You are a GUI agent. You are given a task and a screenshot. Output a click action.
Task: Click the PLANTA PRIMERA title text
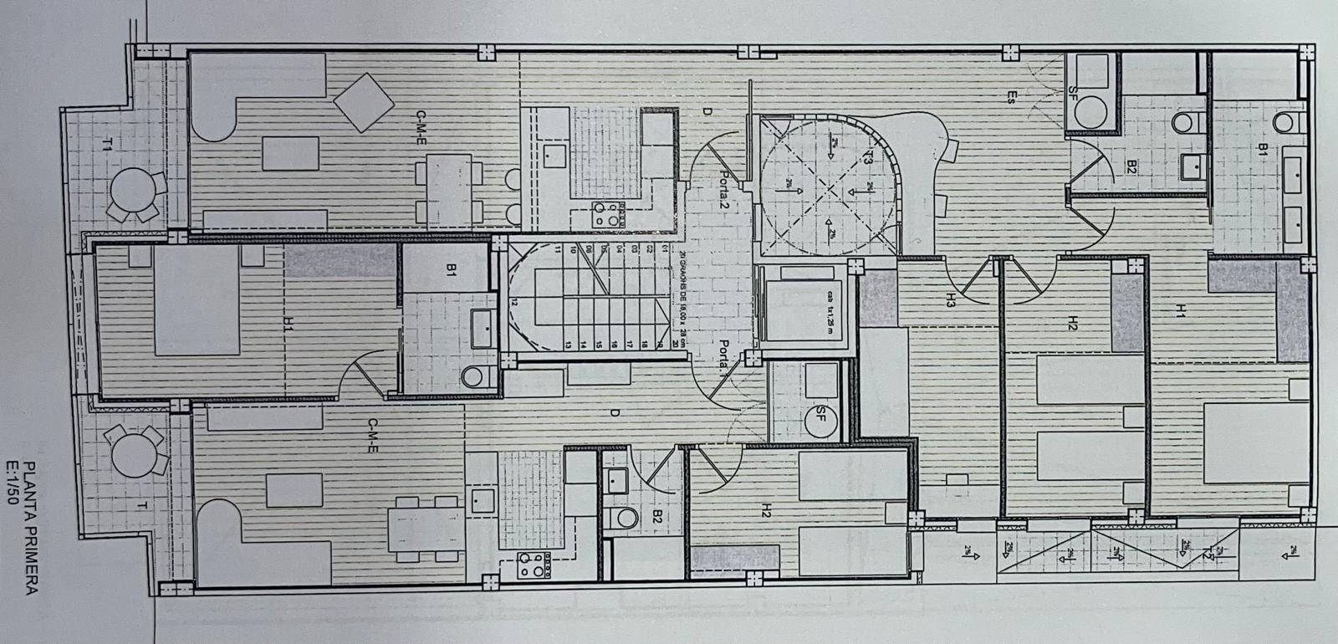[x=30, y=528]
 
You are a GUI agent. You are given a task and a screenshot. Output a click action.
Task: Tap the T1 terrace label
[x=106, y=145]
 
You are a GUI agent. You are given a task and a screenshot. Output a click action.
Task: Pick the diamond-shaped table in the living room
[x=364, y=101]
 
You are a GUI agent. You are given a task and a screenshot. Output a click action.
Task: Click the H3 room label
[x=950, y=304]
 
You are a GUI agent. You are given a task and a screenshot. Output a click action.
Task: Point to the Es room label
[x=1011, y=96]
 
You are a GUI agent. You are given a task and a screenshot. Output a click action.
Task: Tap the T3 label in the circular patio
[x=869, y=156]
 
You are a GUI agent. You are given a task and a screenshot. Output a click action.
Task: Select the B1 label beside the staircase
[x=451, y=269]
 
